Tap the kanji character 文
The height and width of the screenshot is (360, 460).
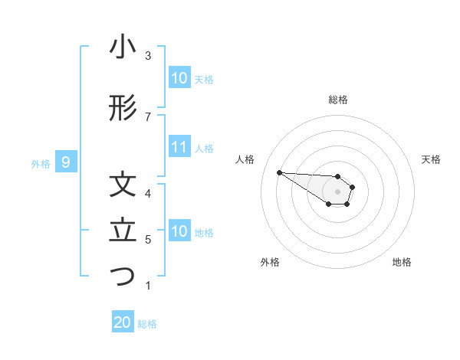(123, 185)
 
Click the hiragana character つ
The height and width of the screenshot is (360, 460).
(123, 277)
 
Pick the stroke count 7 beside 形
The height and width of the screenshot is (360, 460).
(148, 116)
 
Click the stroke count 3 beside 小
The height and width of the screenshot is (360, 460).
(148, 56)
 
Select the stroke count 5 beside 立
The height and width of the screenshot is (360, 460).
(148, 240)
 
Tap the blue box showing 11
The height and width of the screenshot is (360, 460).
(179, 147)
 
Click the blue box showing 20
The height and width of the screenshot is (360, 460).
(123, 322)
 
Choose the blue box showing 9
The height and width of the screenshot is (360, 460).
(67, 162)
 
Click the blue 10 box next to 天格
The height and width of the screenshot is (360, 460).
(179, 78)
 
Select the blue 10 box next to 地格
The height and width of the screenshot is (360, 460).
(179, 231)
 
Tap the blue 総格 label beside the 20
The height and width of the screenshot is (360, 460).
(147, 324)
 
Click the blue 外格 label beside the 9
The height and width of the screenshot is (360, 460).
(41, 163)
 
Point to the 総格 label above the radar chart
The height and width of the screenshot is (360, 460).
(338, 100)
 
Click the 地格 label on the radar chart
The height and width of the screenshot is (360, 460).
(402, 263)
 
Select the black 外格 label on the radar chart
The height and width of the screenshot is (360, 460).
(270, 263)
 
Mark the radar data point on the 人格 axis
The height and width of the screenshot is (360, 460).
(279, 172)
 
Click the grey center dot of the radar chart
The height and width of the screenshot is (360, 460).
(337, 191)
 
